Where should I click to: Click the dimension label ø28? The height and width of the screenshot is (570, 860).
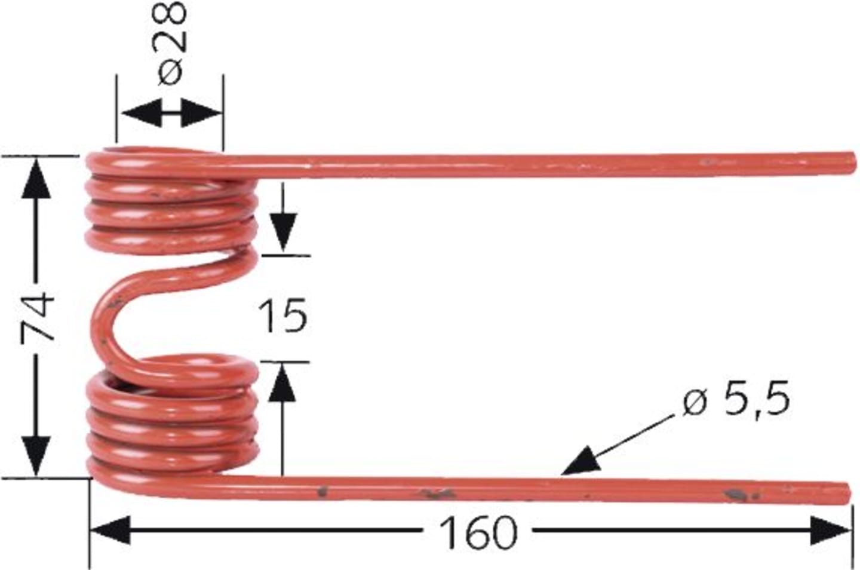[x=171, y=42]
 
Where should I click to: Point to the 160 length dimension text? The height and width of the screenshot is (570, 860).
[x=477, y=533]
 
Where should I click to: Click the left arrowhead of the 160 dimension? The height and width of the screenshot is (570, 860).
[x=109, y=531]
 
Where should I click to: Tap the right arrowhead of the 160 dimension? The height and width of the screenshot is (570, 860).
[x=830, y=531]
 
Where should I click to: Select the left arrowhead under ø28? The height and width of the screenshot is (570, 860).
[x=142, y=113]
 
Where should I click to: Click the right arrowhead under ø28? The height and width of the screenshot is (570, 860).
[x=201, y=113]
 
